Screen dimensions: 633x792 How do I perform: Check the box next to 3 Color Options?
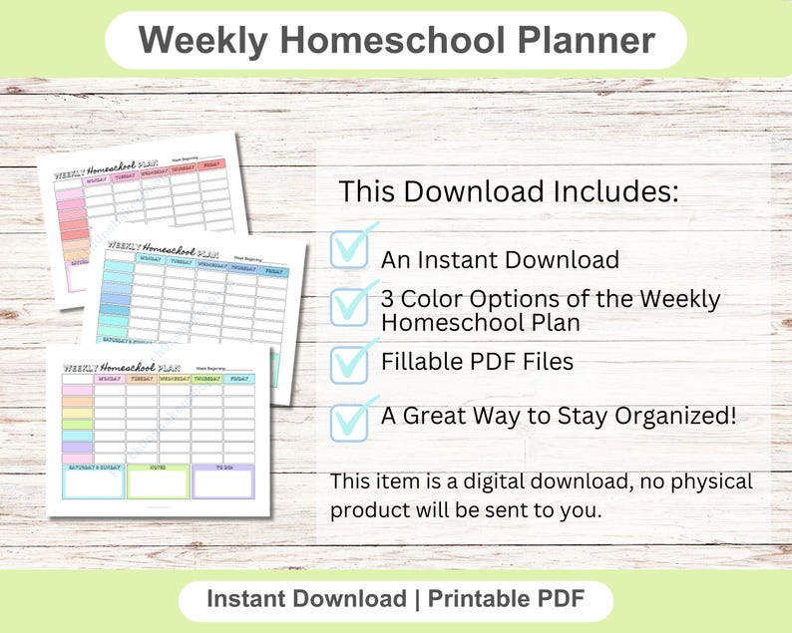(349, 305)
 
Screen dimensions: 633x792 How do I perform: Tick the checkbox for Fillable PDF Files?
(349, 363)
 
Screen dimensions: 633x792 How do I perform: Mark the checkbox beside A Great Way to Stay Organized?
(349, 420)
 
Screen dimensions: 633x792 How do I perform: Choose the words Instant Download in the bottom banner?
(299, 599)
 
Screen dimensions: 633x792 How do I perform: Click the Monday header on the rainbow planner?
(109, 378)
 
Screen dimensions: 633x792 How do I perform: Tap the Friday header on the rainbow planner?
(239, 378)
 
